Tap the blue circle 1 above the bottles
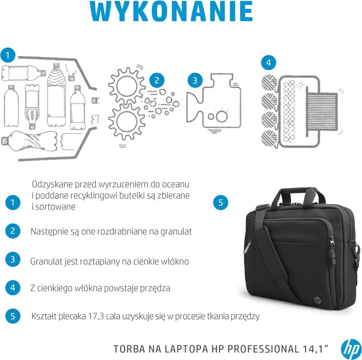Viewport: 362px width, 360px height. coord(8,55)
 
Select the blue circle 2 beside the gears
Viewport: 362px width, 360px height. coord(156,80)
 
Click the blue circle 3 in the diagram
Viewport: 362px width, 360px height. coord(195,80)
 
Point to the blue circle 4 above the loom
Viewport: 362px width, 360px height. coord(268,62)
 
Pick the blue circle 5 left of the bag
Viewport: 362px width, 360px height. coord(221,203)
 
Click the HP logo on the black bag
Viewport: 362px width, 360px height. coord(318,300)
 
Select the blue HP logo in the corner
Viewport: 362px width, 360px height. coord(350,349)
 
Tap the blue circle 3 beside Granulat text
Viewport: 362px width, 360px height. coord(13,259)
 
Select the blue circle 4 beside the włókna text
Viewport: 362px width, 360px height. coord(13,288)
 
